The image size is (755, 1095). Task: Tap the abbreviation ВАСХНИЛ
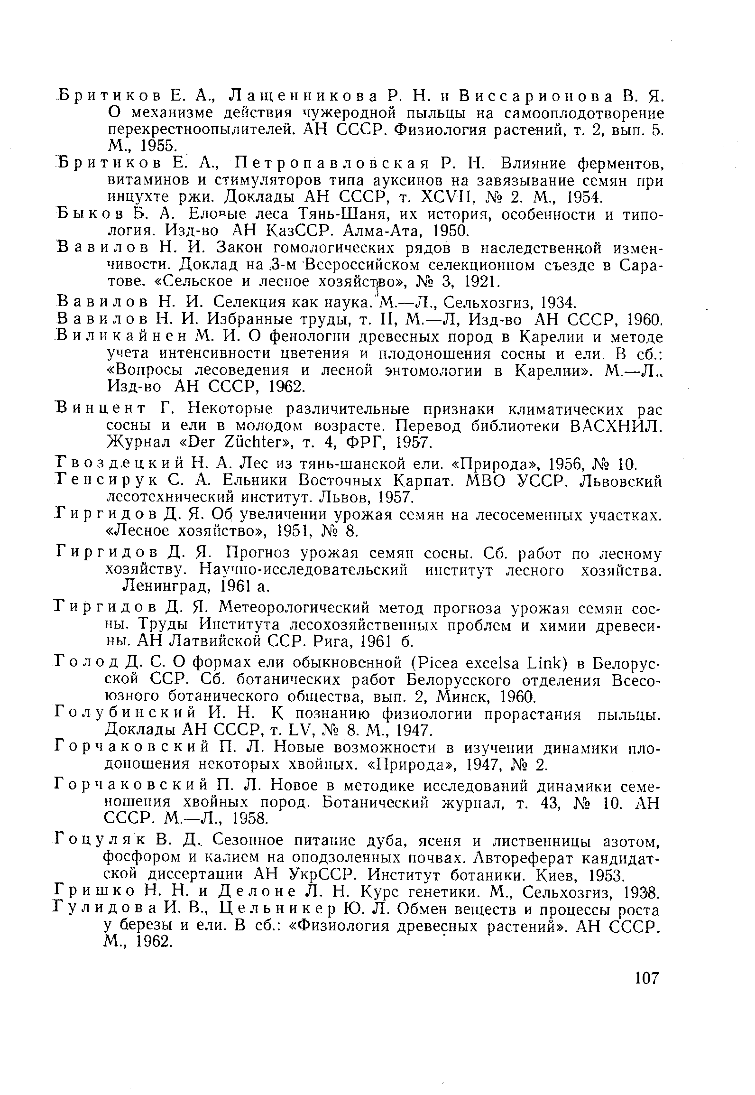(x=615, y=426)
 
